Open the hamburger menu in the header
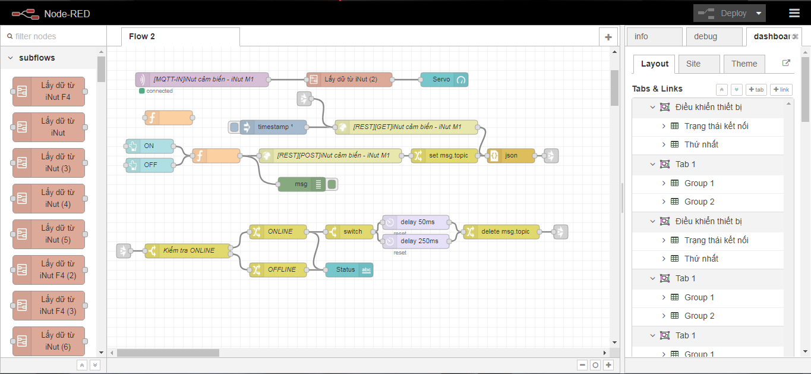pyautogui.click(x=794, y=13)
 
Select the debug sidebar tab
pyautogui.click(x=714, y=37)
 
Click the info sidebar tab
pyautogui.click(x=655, y=37)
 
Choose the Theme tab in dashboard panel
pyautogui.click(x=744, y=64)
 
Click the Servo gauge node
pyautogui.click(x=444, y=79)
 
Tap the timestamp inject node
pyautogui.click(x=273, y=127)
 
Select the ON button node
pyautogui.click(x=150, y=146)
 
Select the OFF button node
pyautogui.click(x=150, y=165)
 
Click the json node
pyautogui.click(x=511, y=156)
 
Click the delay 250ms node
pyautogui.click(x=416, y=241)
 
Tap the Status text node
pyautogui.click(x=349, y=270)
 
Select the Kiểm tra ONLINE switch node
pyautogui.click(x=188, y=251)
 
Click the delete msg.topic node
pyautogui.click(x=501, y=232)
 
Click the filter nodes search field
pyautogui.click(x=53, y=36)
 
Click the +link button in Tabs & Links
pyautogui.click(x=781, y=90)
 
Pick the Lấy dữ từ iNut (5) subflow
pyautogui.click(x=49, y=234)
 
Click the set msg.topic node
pyautogui.click(x=444, y=156)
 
